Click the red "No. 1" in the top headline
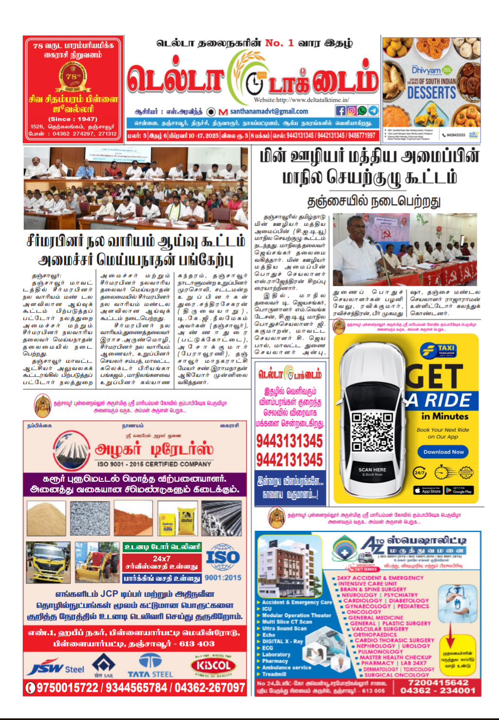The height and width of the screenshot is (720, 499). tap(279, 43)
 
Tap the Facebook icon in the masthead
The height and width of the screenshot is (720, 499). tap(340, 111)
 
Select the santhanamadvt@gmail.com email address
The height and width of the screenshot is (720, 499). tap(269, 111)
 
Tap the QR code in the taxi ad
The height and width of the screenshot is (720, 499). tap(372, 432)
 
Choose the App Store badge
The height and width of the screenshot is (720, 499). tap(427, 491)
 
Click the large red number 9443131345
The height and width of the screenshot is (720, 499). tap(289, 441)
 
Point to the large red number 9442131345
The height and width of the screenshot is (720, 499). tap(289, 459)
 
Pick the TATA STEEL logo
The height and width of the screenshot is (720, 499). tap(150, 666)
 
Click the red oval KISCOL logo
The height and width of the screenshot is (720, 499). tap(214, 665)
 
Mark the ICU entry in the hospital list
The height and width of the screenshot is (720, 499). tap(267, 608)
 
